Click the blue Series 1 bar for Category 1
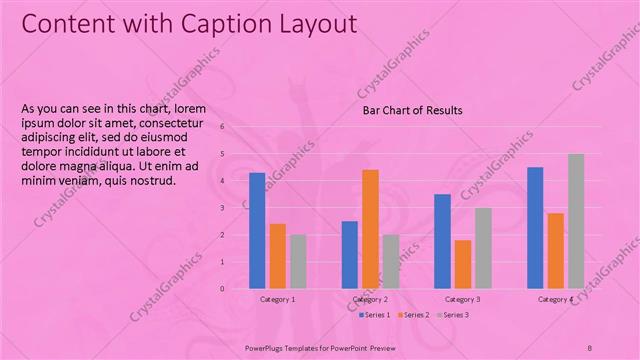(257, 230)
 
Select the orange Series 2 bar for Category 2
(370, 229)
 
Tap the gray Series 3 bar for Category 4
(576, 221)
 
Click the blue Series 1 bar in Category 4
(535, 227)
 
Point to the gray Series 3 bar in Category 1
(298, 261)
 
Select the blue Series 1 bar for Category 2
(349, 254)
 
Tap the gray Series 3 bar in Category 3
(483, 248)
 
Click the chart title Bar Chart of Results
(412, 110)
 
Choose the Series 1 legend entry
(374, 315)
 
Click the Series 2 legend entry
(414, 315)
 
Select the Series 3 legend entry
(453, 315)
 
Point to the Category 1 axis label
(277, 300)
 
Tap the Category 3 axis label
(462, 300)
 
